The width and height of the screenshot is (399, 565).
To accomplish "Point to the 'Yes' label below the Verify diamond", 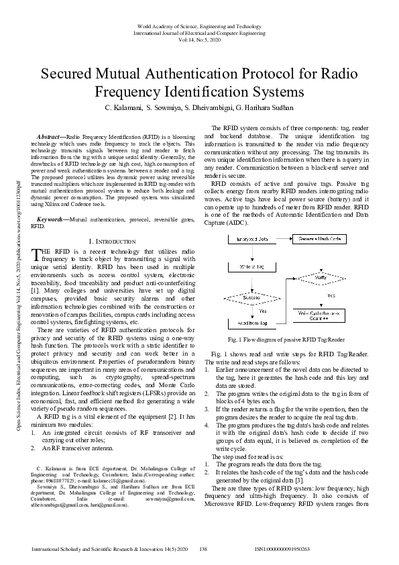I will (331, 295).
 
